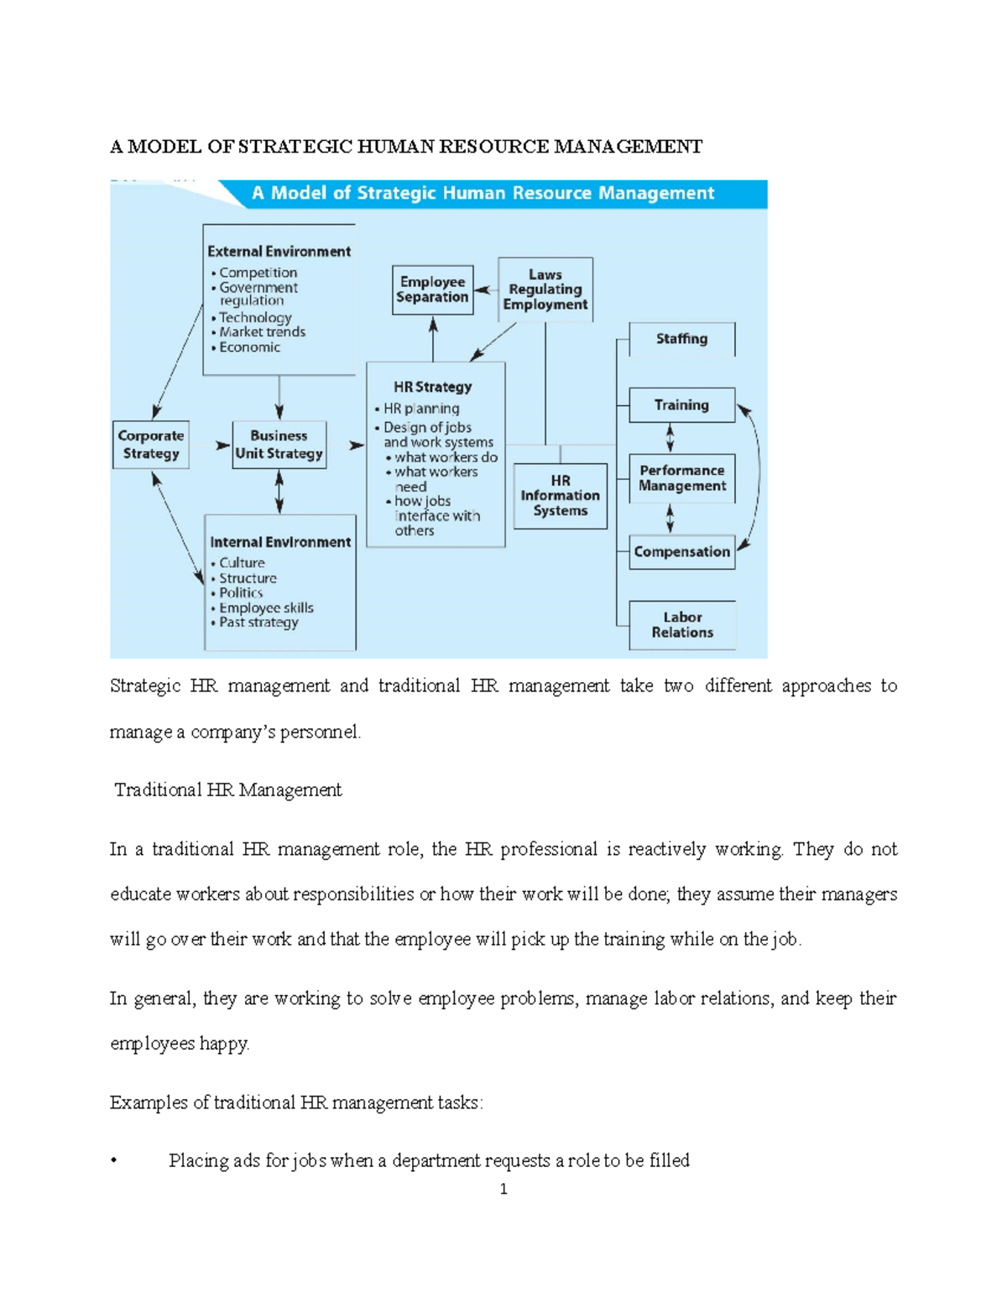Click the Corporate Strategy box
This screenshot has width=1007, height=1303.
(151, 445)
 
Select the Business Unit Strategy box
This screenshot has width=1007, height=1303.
(279, 445)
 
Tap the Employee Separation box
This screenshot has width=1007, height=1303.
(432, 289)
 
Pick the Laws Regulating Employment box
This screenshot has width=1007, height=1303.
(545, 289)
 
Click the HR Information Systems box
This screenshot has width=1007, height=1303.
(560, 496)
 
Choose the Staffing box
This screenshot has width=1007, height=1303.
(681, 339)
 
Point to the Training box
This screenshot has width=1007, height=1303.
(681, 405)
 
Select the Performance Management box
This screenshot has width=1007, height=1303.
(681, 478)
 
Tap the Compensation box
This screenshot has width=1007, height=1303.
(681, 552)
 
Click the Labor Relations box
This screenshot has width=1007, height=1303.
(681, 625)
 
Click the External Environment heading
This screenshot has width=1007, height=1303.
(279, 252)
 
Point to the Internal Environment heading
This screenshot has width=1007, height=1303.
(280, 543)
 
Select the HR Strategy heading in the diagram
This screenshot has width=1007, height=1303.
(433, 388)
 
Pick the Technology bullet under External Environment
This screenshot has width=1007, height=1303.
(255, 318)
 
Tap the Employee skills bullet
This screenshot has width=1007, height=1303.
(266, 608)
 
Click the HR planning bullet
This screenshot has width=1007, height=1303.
(421, 409)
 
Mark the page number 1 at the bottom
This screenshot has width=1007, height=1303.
(503, 1189)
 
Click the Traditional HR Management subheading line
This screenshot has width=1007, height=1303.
(228, 790)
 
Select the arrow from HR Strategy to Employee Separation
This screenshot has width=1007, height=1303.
(433, 339)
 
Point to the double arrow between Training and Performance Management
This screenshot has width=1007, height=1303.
(670, 438)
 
